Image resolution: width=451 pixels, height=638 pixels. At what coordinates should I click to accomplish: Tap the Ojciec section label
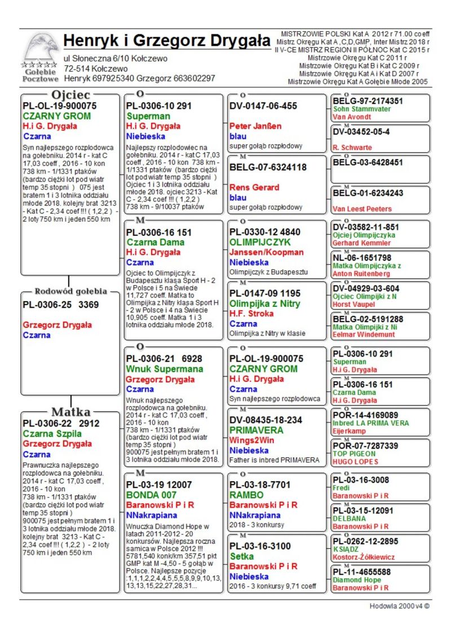click(70, 94)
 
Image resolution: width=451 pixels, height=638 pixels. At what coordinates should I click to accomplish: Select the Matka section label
click(71, 411)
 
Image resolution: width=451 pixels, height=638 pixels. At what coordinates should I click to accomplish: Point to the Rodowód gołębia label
click(71, 292)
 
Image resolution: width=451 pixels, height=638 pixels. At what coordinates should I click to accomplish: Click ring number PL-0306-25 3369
click(60, 305)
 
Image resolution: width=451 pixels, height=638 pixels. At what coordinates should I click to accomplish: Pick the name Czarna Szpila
click(52, 434)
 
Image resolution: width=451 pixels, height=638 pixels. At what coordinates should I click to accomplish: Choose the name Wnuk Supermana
click(165, 369)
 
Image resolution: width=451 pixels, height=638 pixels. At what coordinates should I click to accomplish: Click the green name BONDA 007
click(152, 495)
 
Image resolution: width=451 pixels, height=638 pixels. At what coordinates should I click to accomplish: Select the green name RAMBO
click(247, 495)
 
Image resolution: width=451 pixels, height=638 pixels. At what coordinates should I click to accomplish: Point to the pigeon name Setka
click(242, 556)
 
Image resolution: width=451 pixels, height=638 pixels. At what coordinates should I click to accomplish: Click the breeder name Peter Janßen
click(255, 126)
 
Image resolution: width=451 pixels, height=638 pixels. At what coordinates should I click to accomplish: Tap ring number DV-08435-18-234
click(266, 420)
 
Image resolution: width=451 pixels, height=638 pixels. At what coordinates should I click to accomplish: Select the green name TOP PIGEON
click(354, 454)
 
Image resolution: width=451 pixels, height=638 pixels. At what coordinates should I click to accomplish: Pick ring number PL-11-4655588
click(361, 571)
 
